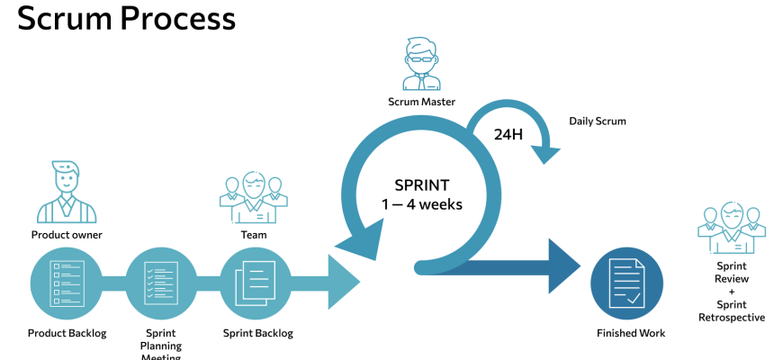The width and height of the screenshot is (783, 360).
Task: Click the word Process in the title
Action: [179, 17]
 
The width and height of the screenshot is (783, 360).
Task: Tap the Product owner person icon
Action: [66, 193]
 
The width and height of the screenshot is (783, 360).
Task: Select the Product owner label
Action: [67, 236]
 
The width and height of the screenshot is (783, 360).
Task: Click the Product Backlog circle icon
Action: [67, 284]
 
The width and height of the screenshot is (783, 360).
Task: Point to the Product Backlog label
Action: [67, 333]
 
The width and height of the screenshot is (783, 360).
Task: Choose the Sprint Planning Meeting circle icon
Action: [161, 284]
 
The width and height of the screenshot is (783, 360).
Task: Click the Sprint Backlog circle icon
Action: [257, 284]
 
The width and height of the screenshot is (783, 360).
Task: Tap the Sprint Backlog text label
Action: [257, 333]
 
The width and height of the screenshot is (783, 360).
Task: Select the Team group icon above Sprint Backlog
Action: [253, 198]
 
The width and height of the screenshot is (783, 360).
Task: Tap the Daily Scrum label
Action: [597, 121]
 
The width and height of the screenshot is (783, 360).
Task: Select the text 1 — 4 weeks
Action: [421, 204]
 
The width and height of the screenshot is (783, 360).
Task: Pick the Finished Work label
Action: [631, 333]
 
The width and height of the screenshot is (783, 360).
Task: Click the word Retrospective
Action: [731, 317]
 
